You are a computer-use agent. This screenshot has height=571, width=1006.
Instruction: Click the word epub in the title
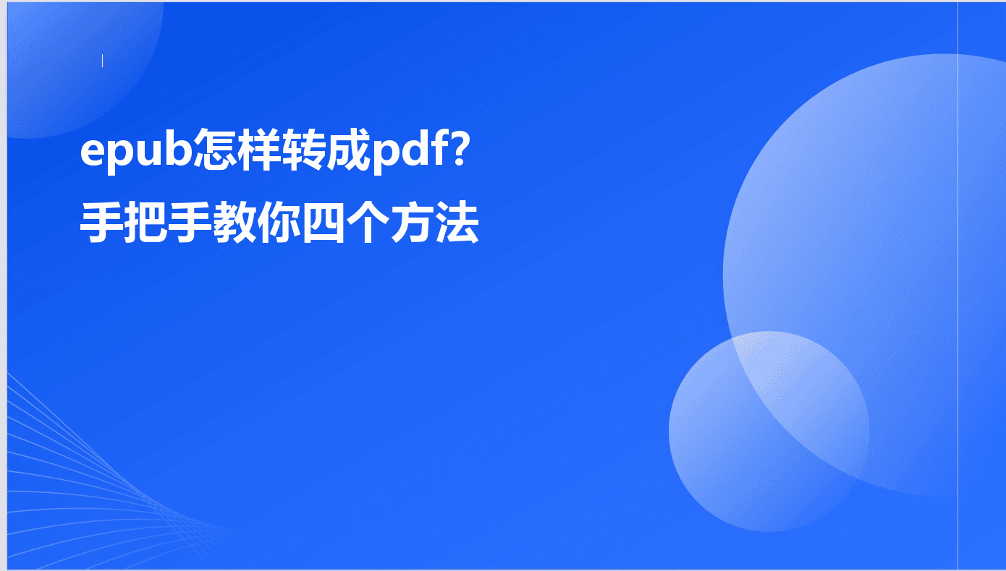click(136, 152)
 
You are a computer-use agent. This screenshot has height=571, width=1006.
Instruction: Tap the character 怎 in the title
click(215, 150)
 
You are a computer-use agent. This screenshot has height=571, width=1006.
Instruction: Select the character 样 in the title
click(259, 150)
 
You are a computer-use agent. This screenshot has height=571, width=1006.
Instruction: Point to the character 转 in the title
click(303, 150)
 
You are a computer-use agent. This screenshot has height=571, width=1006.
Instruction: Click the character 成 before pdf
click(348, 150)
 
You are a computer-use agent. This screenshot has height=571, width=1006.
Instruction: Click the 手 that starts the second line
click(101, 222)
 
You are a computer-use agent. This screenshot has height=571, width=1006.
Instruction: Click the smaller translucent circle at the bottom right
click(769, 431)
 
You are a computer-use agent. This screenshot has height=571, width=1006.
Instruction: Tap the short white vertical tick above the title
click(102, 61)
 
